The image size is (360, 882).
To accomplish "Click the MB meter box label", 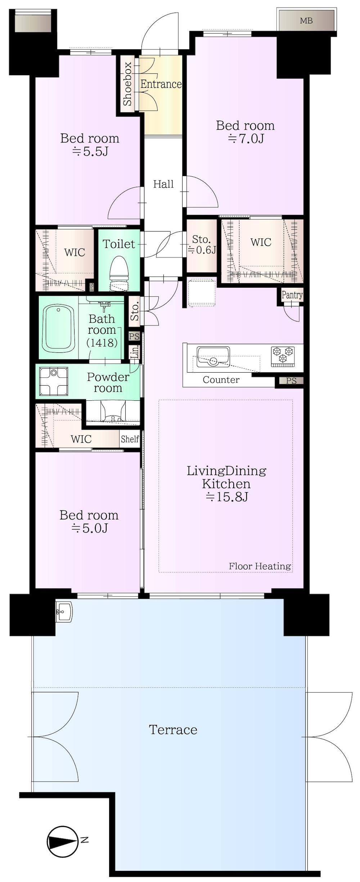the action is [306, 21].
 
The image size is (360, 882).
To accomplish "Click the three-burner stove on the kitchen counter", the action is [283, 356].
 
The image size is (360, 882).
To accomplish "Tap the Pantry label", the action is [292, 295].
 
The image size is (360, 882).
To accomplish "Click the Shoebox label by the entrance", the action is [127, 84].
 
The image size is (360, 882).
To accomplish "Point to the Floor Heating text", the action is [260, 566].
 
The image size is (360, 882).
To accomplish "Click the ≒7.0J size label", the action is [246, 138].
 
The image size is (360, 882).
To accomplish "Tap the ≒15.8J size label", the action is [227, 497].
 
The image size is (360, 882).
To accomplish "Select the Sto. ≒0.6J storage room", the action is [202, 246].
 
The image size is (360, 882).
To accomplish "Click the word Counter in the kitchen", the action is [221, 380].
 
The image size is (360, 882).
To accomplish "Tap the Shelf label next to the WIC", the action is [130, 439].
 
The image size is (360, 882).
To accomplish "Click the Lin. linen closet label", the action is [135, 352].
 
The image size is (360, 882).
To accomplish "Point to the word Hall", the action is [163, 184].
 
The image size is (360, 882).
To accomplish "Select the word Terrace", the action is [173, 730].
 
